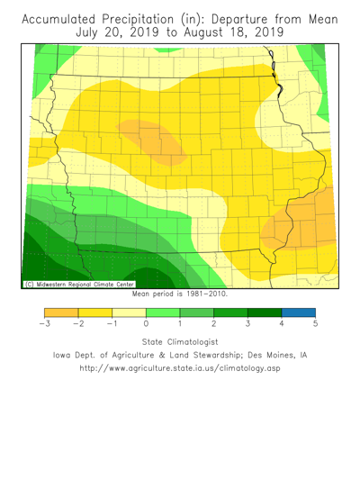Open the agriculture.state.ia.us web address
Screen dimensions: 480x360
[180, 368]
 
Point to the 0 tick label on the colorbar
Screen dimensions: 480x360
[146, 323]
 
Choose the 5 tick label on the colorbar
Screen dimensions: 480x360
[315, 323]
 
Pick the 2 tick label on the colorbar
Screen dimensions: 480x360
[213, 323]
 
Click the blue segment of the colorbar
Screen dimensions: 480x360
[298, 312]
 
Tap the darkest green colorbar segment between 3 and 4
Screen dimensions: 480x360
[264, 312]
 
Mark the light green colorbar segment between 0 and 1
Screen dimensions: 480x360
[163, 312]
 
